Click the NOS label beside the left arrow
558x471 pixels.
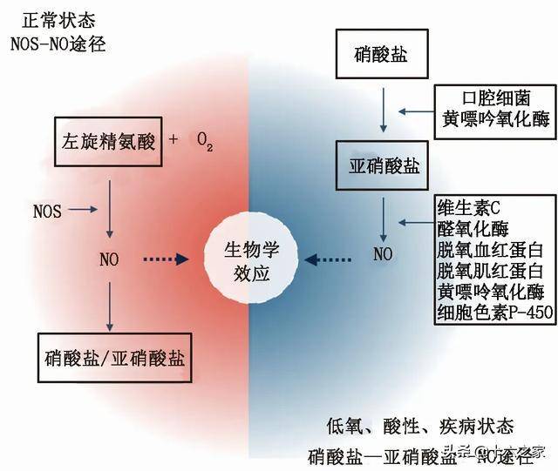click(x=47, y=210)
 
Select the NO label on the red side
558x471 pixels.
click(x=108, y=259)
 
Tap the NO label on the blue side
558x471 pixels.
click(x=383, y=255)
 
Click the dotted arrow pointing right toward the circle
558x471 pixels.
click(x=165, y=259)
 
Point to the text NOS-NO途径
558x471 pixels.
click(x=58, y=43)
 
